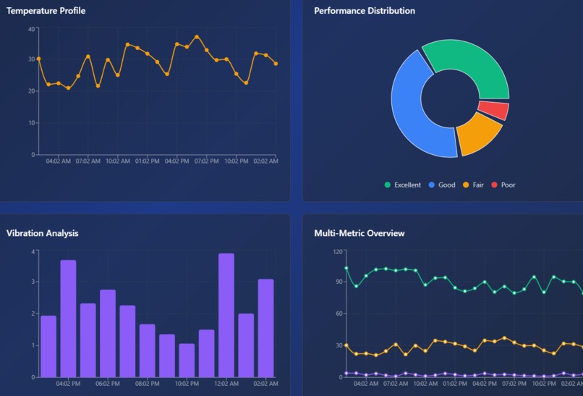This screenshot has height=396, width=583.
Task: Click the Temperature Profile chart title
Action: pyautogui.click(x=46, y=11)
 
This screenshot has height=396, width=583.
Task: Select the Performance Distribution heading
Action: pyautogui.click(x=365, y=11)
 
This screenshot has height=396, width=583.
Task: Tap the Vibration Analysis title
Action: pyautogui.click(x=43, y=233)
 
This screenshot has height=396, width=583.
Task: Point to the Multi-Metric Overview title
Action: pyautogui.click(x=359, y=233)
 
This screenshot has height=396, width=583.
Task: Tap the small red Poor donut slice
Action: pyautogui.click(x=494, y=110)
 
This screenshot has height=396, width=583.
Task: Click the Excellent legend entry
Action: pyautogui.click(x=403, y=185)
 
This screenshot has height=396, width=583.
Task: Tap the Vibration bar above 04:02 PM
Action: pyautogui.click(x=68, y=319)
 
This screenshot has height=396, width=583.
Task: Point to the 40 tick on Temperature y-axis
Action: pyautogui.click(x=31, y=28)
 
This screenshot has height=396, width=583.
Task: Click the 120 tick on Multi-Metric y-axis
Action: pyautogui.click(x=338, y=251)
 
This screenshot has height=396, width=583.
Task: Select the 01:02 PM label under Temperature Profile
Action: pyautogui.click(x=147, y=161)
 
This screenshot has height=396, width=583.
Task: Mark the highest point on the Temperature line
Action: pyautogui.click(x=197, y=36)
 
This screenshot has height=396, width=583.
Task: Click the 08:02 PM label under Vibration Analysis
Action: pyautogui.click(x=147, y=384)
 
